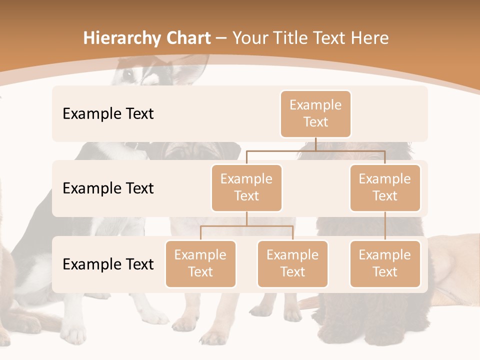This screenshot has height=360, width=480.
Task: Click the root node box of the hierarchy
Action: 315,113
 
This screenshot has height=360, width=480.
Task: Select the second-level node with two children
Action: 246,187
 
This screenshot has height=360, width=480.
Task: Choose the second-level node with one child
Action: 385,187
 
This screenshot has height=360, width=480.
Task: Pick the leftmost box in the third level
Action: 200,263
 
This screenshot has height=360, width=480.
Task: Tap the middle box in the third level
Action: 292,263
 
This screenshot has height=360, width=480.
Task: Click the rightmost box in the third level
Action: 385,263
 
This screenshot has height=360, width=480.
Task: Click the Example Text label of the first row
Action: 108,113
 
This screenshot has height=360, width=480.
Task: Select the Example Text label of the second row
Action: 108,188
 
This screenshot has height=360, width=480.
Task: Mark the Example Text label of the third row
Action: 108,264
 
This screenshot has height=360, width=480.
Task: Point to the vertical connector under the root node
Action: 315,144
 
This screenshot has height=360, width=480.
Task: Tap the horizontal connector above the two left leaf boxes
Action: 246,226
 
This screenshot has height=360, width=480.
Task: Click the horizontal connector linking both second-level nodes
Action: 315,150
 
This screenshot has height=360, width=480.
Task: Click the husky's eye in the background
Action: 129,74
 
